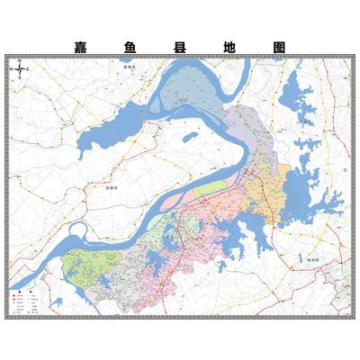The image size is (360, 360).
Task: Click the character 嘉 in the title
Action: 80,45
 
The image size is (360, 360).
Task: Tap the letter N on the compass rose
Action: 19,59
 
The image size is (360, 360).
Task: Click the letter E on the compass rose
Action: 28,69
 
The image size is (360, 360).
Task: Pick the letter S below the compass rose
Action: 19,79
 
